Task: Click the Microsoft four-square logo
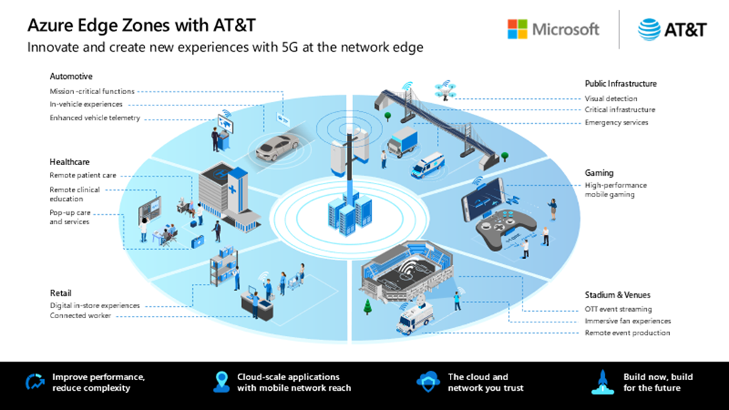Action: (518, 29)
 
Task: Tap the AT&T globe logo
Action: (649, 29)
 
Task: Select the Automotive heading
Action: (71, 76)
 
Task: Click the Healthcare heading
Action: (70, 162)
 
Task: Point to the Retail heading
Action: (61, 293)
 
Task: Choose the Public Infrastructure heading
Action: (621, 83)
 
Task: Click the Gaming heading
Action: (599, 172)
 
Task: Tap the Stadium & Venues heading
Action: (617, 295)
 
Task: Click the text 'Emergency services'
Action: (617, 122)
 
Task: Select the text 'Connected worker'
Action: (80, 315)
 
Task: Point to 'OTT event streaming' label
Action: (618, 310)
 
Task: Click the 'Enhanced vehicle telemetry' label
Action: (95, 117)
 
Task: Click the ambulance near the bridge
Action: (427, 166)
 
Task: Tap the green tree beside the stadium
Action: (367, 306)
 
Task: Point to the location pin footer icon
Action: (220, 382)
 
